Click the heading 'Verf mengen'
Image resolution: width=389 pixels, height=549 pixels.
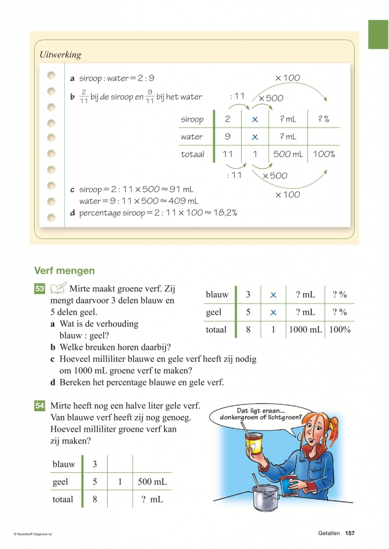coord(64,271)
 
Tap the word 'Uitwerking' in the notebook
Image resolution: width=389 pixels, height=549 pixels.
coord(61,55)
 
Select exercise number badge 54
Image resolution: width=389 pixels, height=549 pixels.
coord(40,406)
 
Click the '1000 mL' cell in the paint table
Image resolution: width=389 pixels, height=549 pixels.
coord(305,330)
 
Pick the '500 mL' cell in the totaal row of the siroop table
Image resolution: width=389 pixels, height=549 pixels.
coord(289,154)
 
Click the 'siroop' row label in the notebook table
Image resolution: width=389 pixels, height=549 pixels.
coord(192,120)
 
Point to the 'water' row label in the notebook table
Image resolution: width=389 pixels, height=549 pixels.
coord(191,137)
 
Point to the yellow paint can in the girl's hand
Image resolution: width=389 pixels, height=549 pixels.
coord(254,443)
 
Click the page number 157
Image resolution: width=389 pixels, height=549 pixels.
coord(350,533)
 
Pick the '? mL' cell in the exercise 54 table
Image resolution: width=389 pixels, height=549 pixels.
coord(152,499)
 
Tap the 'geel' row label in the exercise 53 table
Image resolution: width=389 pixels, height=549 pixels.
coord(213,312)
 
